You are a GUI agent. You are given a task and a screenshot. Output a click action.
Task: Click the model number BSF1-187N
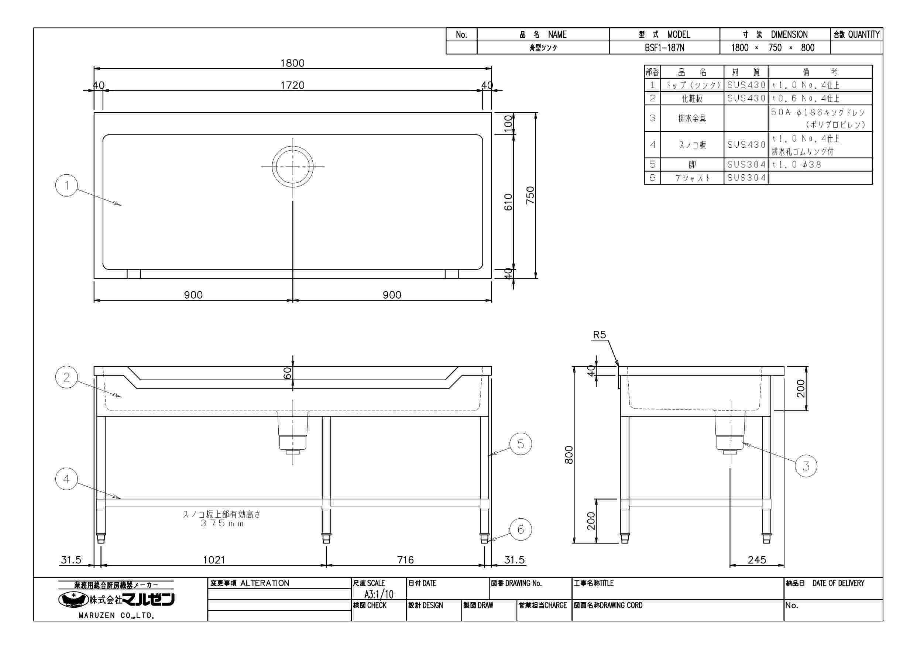point(664,48)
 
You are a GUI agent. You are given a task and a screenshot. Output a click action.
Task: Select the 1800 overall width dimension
point(292,63)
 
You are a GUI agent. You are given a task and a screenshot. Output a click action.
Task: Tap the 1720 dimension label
point(292,85)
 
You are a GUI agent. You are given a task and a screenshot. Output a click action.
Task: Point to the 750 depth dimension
point(530,195)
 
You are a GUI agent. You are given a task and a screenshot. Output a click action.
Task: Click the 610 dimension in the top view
point(508,202)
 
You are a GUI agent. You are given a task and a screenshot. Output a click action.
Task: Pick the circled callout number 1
point(67,185)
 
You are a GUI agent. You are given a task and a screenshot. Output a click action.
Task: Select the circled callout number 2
point(67,377)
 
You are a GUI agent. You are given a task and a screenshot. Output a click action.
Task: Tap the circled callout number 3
point(806,466)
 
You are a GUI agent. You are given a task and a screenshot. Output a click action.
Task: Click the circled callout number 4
point(67,479)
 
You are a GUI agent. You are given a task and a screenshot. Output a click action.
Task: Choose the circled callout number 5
point(521,444)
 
